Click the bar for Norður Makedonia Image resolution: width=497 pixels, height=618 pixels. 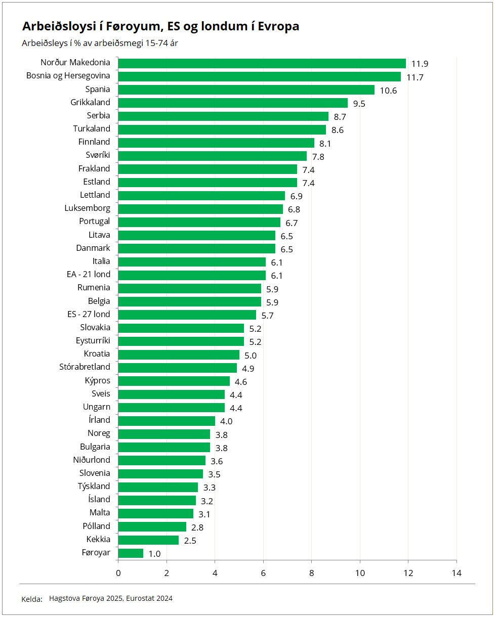pyautogui.click(x=262, y=63)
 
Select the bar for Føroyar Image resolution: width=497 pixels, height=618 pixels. pyautogui.click(x=131, y=553)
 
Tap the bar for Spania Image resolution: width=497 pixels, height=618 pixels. pyautogui.click(x=246, y=90)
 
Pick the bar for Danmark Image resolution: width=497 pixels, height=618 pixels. pyautogui.click(x=196, y=248)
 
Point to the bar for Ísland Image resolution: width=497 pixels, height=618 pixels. pyautogui.click(x=157, y=500)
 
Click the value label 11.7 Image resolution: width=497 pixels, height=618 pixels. pyautogui.click(x=415, y=77)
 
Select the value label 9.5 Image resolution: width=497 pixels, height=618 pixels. pyautogui.click(x=359, y=104)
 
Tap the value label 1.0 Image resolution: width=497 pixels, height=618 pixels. pyautogui.click(x=154, y=554)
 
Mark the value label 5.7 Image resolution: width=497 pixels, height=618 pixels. pyautogui.click(x=267, y=316)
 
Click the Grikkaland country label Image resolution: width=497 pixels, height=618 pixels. pyautogui.click(x=90, y=102)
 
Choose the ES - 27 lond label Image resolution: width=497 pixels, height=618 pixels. pyautogui.click(x=89, y=314)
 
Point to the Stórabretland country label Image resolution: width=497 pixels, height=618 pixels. pyautogui.click(x=85, y=367)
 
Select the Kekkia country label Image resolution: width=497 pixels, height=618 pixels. pyautogui.click(x=98, y=539)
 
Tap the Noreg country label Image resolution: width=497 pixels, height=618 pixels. pyautogui.click(x=99, y=433)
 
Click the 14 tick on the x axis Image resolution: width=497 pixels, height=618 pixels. pyautogui.click(x=457, y=573)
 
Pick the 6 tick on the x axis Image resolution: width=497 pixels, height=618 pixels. pyautogui.click(x=263, y=573)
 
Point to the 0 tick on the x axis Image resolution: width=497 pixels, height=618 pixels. pyautogui.click(x=118, y=573)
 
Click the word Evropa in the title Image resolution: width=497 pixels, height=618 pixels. pyautogui.click(x=278, y=26)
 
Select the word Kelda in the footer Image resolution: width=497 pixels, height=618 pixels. pyautogui.click(x=31, y=599)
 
